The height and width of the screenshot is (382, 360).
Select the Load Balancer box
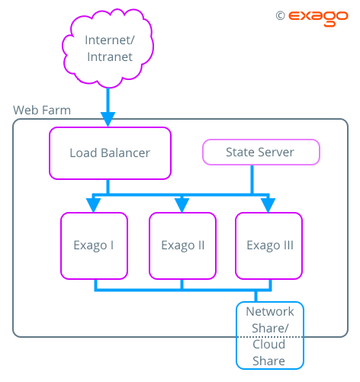[x=110, y=153]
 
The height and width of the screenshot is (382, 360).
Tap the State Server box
[x=261, y=152]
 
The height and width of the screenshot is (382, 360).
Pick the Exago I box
[x=94, y=246]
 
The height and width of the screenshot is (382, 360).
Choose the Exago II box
[x=182, y=246]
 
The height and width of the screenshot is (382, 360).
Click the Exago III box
[x=268, y=246]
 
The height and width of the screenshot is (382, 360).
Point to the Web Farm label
[x=42, y=110]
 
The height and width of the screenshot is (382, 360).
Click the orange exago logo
[x=318, y=18]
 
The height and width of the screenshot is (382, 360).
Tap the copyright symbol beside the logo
[x=280, y=16]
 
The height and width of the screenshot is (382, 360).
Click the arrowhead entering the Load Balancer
[x=108, y=119]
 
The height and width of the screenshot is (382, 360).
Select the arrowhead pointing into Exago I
[x=94, y=205]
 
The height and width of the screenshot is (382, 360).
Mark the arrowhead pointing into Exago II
[x=182, y=205]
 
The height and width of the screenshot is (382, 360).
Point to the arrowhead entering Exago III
[x=268, y=205]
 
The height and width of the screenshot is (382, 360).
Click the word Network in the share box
[x=270, y=312]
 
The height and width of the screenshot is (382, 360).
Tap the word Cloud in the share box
[x=268, y=345]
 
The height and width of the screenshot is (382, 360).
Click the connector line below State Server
[x=252, y=179]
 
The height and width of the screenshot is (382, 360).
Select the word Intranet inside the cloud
[x=110, y=57]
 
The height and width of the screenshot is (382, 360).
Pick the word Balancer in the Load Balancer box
[x=125, y=153]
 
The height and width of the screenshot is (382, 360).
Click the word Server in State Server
[x=276, y=152]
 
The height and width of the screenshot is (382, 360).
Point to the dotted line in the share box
[x=270, y=337]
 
